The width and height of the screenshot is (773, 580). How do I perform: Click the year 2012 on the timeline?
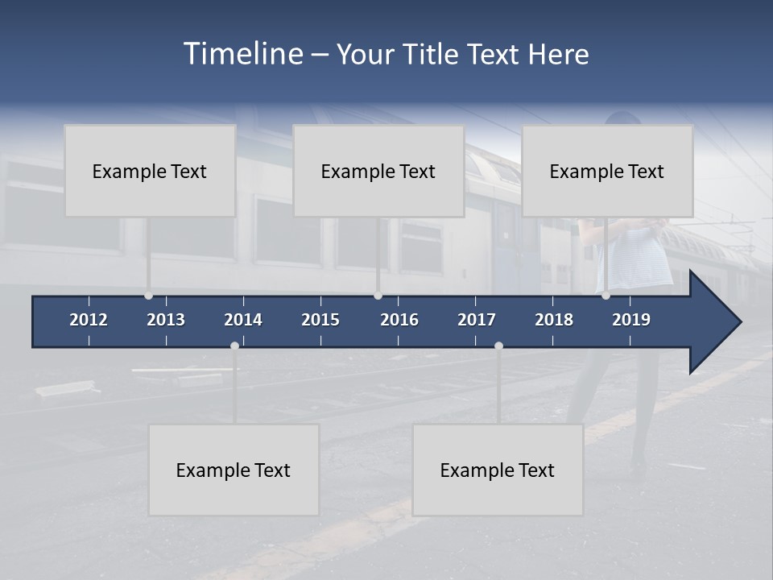pos(89,320)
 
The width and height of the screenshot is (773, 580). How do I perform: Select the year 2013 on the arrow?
pos(166,320)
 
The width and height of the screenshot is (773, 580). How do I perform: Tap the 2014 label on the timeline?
pos(243,320)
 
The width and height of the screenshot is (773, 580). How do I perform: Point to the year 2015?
pos(320,320)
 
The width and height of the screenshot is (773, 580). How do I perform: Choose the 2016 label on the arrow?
pos(399,320)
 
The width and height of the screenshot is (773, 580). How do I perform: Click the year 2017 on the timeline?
pos(477,320)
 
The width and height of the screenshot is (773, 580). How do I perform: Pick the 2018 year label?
pos(554,320)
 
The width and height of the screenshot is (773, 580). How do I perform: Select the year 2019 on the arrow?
pos(631,320)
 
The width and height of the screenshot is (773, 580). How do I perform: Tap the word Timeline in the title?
pos(242,54)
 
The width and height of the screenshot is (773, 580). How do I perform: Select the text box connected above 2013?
pos(150,171)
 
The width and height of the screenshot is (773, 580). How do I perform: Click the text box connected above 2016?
pos(378,171)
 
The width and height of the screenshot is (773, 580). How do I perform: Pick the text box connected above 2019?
pos(607,171)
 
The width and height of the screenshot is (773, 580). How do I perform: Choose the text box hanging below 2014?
pos(234,470)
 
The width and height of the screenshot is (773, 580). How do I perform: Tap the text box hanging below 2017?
pos(498,470)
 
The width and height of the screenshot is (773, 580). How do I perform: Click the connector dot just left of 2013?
pos(148,296)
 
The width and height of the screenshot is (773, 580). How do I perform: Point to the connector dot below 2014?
pos(234,346)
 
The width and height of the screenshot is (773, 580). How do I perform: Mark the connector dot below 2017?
pos(498,346)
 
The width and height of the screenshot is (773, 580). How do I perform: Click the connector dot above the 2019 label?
pos(606,296)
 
